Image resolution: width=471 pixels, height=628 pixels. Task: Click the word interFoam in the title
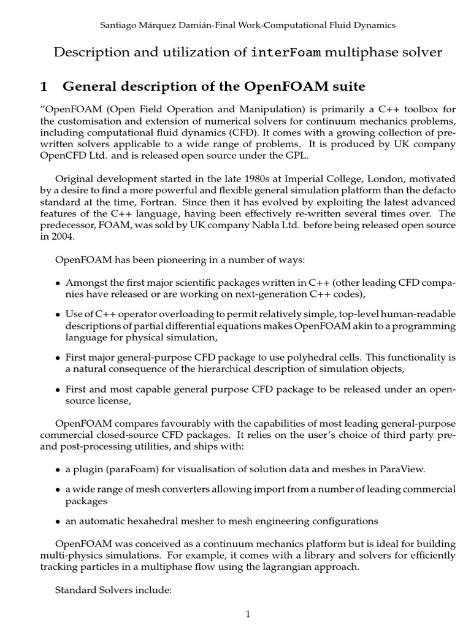[286, 53]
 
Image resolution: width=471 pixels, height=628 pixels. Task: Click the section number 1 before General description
[43, 86]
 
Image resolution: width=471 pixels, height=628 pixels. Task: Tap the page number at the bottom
[248, 614]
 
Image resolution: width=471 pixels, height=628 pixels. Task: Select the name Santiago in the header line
[118, 25]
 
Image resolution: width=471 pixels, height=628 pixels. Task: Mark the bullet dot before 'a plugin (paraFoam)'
[58, 470]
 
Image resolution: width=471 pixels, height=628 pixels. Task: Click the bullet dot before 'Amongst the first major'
[58, 283]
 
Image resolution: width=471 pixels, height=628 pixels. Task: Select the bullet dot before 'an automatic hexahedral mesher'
[58, 522]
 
